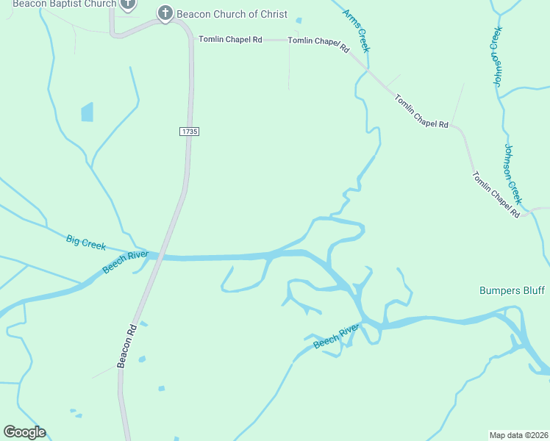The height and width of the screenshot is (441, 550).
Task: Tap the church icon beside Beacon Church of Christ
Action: (165, 12)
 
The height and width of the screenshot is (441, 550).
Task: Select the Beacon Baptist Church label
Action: (64, 4)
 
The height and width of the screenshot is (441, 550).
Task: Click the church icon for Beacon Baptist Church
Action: (129, 4)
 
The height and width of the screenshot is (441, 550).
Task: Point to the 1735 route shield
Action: (189, 131)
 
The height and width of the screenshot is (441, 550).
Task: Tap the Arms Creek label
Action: (356, 31)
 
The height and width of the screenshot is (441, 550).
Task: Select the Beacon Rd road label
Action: (126, 346)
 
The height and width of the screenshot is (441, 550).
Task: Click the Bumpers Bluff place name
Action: (512, 290)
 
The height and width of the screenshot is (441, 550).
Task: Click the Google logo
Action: (24, 432)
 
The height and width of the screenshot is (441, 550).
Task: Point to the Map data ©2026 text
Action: (519, 435)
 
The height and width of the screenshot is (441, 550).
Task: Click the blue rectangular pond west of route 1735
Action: (87, 112)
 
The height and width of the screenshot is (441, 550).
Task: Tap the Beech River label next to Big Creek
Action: (125, 262)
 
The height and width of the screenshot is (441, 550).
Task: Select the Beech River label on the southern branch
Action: (336, 336)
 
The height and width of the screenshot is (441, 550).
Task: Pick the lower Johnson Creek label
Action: (512, 173)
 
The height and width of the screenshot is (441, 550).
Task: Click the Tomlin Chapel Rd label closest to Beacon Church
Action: (230, 40)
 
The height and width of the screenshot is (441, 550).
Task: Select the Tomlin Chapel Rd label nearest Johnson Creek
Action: (496, 194)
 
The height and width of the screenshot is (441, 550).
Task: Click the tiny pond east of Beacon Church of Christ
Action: (299, 21)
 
